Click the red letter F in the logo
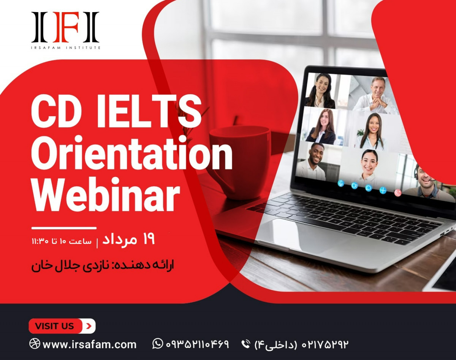coord(65,27)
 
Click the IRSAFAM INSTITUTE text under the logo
coord(66,47)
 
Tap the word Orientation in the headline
coord(132,153)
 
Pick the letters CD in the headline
coord(56,111)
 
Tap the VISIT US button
coord(62,326)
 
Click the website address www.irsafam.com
coord(89,344)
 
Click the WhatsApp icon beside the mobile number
coord(158,344)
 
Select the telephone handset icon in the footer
coord(246,344)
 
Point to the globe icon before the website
coord(35,344)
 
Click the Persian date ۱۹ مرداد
coord(128,240)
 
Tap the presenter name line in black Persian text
coord(103,265)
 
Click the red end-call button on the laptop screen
coord(398,193)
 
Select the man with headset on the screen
coord(426,182)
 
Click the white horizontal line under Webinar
coord(64,228)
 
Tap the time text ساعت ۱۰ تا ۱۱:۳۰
coord(62,241)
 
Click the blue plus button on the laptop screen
coord(383,190)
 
